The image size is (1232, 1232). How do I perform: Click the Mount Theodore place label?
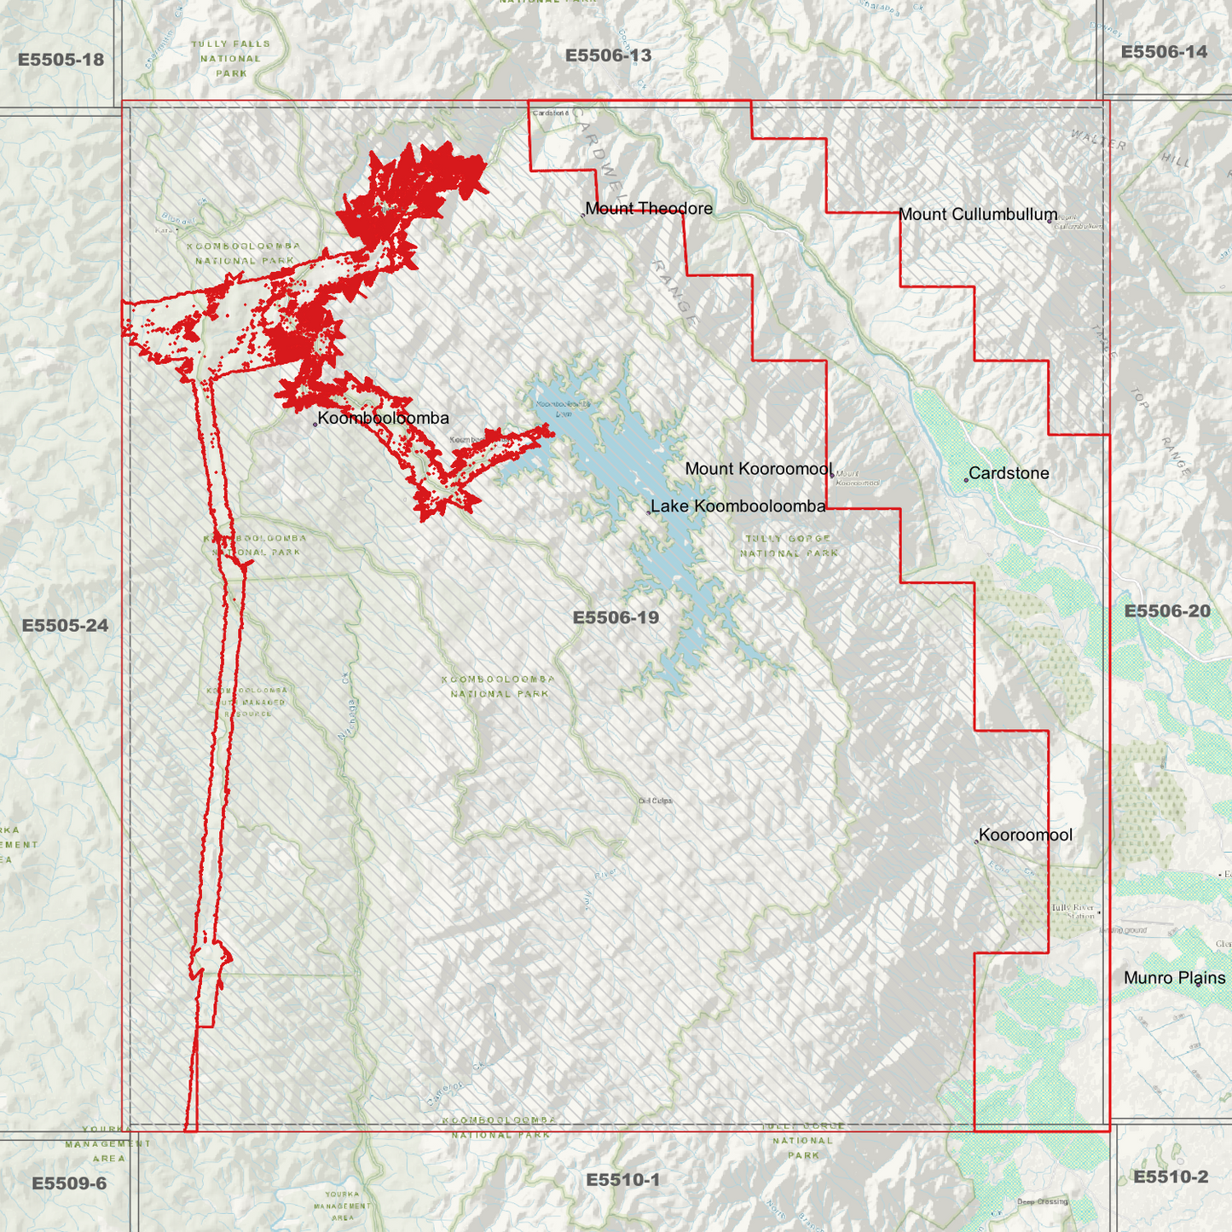648,209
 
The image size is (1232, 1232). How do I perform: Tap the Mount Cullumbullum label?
977,215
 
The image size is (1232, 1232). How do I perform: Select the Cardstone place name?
1009,473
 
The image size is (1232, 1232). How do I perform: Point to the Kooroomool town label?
1025,836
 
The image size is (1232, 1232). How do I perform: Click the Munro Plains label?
1174,979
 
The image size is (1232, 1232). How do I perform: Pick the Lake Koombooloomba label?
737,506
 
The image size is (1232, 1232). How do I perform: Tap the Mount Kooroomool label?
758,469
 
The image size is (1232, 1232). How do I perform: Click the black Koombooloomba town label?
383,419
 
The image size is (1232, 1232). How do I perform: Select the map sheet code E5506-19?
616,618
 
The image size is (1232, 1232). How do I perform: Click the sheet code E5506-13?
608,56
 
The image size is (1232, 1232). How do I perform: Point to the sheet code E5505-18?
61,60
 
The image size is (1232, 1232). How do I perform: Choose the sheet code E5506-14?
1164,52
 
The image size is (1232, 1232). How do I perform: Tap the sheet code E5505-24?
65,626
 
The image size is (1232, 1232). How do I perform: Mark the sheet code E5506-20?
1166,611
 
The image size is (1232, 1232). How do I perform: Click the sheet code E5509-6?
69,1183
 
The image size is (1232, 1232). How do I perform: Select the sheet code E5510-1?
622,1180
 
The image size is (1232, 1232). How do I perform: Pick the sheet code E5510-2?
1170,1177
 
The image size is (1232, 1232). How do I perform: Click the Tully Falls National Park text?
230,59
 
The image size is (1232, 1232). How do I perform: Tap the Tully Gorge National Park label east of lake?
790,546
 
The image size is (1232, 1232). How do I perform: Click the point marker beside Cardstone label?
966,480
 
